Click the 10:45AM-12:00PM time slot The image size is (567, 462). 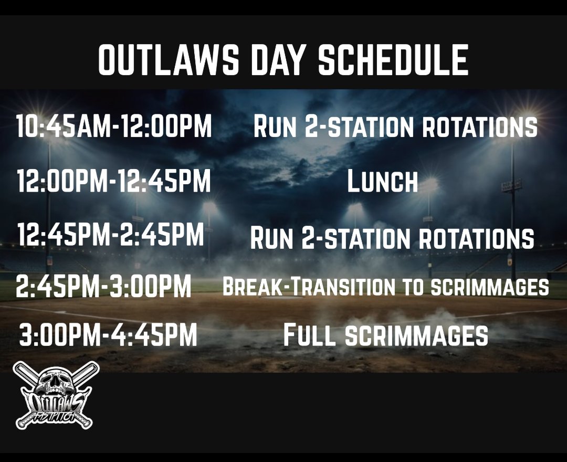(x=114, y=127)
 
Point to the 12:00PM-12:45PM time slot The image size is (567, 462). (x=113, y=181)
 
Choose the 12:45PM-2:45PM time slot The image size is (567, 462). (x=110, y=235)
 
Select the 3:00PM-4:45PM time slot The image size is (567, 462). (x=108, y=335)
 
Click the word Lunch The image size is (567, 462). (x=383, y=182)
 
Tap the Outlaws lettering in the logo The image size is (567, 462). (x=56, y=404)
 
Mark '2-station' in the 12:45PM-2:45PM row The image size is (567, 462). (x=347, y=238)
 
